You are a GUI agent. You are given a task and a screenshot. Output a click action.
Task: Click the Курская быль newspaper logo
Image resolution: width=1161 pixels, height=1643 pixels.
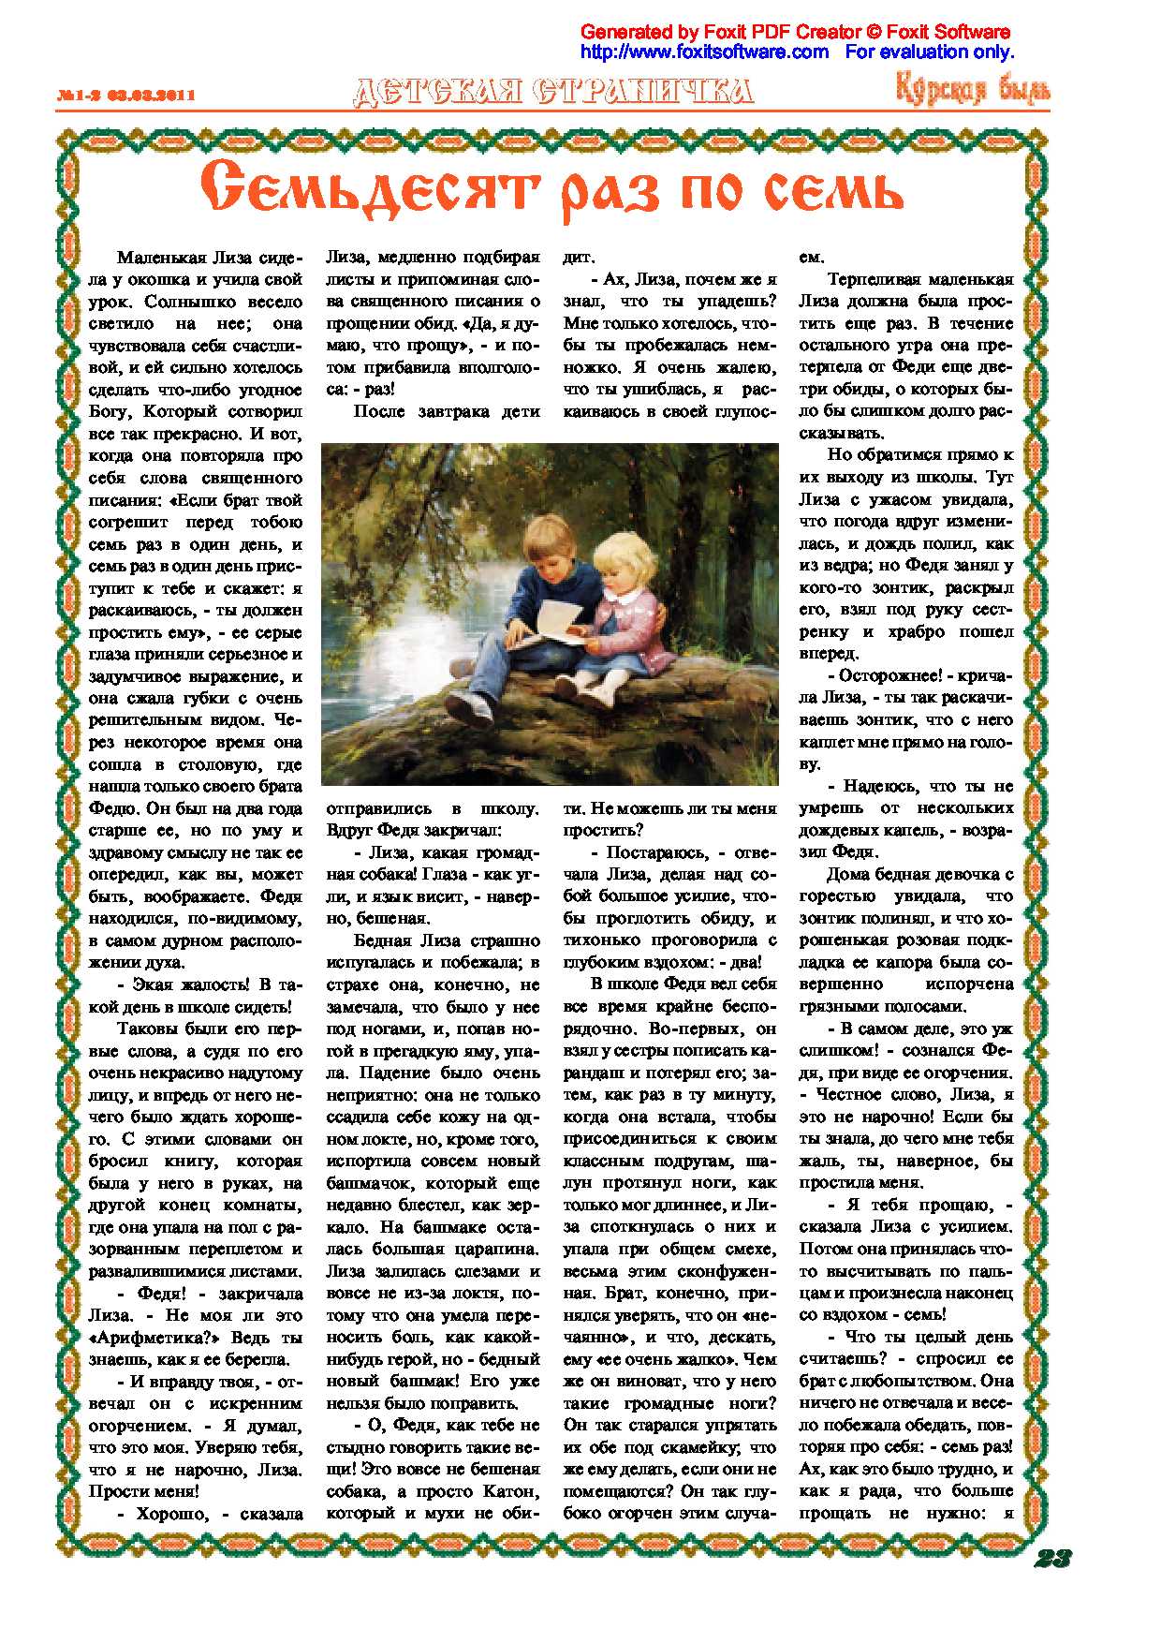[x=973, y=90]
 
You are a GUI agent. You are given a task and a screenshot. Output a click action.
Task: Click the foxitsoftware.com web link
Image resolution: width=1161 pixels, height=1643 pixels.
[x=704, y=52]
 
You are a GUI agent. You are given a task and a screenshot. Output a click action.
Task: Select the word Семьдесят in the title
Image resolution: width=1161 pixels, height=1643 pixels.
[x=368, y=188]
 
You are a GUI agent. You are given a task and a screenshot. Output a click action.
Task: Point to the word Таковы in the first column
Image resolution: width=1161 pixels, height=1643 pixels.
[x=148, y=1029]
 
